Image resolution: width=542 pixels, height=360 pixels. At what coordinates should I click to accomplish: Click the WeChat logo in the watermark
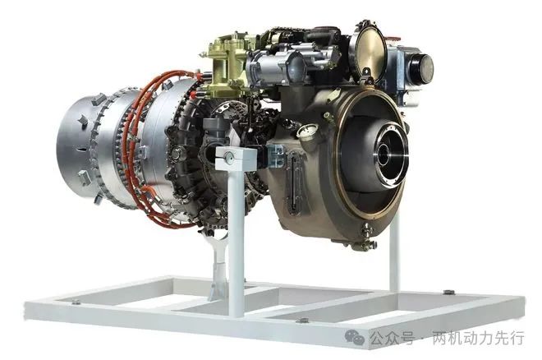354,336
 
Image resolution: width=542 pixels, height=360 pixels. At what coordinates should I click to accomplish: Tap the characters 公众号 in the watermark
393,338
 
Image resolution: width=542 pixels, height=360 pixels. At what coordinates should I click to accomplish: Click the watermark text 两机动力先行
479,338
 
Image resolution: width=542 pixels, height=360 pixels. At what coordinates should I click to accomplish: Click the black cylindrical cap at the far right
421,69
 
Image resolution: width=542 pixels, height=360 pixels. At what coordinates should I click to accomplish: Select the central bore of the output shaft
384,155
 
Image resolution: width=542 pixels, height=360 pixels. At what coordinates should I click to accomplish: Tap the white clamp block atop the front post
236,158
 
